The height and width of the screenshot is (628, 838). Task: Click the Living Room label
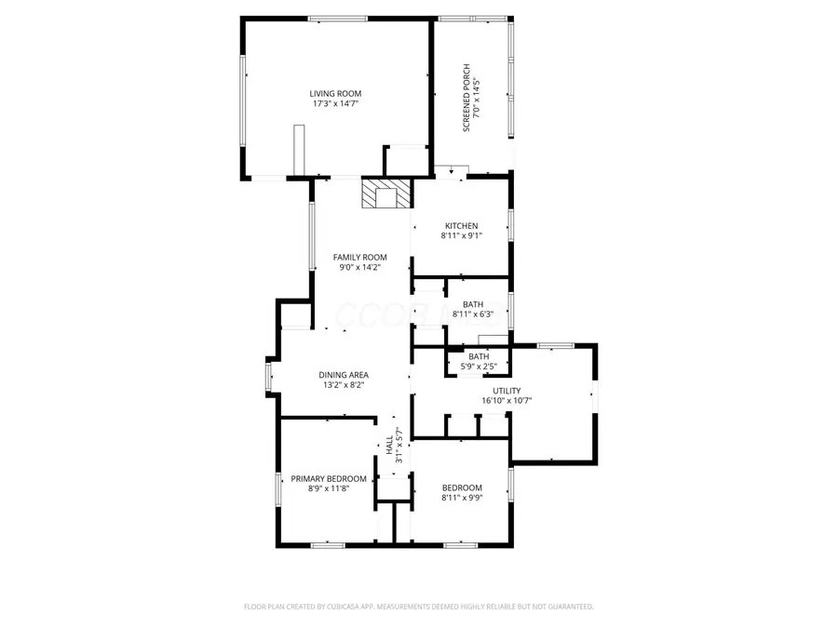335,93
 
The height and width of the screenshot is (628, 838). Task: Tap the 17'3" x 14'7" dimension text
335,104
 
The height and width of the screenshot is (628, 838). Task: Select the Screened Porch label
466,98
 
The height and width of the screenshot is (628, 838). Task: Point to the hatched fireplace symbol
386,194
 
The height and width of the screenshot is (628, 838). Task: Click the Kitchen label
461,226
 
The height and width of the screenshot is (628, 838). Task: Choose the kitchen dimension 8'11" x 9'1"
461,236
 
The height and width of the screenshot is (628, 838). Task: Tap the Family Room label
359,258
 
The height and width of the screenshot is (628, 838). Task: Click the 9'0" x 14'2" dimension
359,268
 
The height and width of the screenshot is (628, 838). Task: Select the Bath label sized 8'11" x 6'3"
473,304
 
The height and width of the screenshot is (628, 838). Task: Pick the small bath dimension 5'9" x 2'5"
479,367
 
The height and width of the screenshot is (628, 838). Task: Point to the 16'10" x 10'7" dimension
507,401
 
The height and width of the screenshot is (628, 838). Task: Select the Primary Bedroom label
329,478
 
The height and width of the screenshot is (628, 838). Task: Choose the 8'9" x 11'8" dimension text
329,488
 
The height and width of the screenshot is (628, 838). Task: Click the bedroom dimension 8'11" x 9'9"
462,498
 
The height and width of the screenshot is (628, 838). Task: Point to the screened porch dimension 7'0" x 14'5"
479,98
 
